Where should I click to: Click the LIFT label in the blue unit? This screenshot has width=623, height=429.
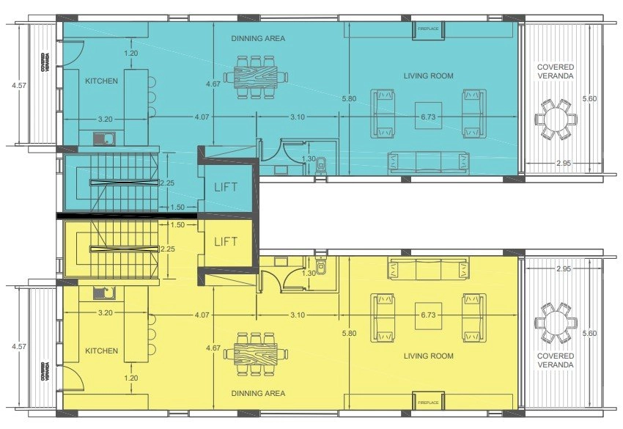point(226,187)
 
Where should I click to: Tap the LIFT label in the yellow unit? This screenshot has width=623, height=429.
point(226,241)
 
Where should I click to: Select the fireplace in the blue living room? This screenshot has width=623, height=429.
point(428,30)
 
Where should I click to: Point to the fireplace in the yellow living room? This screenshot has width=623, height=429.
point(428,401)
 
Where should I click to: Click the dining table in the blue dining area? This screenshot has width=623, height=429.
point(256,77)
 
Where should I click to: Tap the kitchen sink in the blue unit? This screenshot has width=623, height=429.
point(105,139)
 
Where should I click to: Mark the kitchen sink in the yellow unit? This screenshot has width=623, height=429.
point(105,293)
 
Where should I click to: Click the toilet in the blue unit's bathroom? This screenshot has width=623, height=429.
point(320,165)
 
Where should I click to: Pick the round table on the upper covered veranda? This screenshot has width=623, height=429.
point(556,120)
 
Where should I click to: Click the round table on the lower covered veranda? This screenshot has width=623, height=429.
point(556,323)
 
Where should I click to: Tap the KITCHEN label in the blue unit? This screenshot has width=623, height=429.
point(102,81)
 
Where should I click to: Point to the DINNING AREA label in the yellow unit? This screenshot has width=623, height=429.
point(258,393)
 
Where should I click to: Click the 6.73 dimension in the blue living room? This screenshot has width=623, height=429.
point(428,117)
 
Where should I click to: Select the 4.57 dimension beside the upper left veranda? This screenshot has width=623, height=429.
point(19,85)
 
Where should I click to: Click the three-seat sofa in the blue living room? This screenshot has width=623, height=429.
point(429,163)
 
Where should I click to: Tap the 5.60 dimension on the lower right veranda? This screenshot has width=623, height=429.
point(589,333)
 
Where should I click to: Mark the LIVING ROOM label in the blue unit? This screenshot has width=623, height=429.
point(428,76)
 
